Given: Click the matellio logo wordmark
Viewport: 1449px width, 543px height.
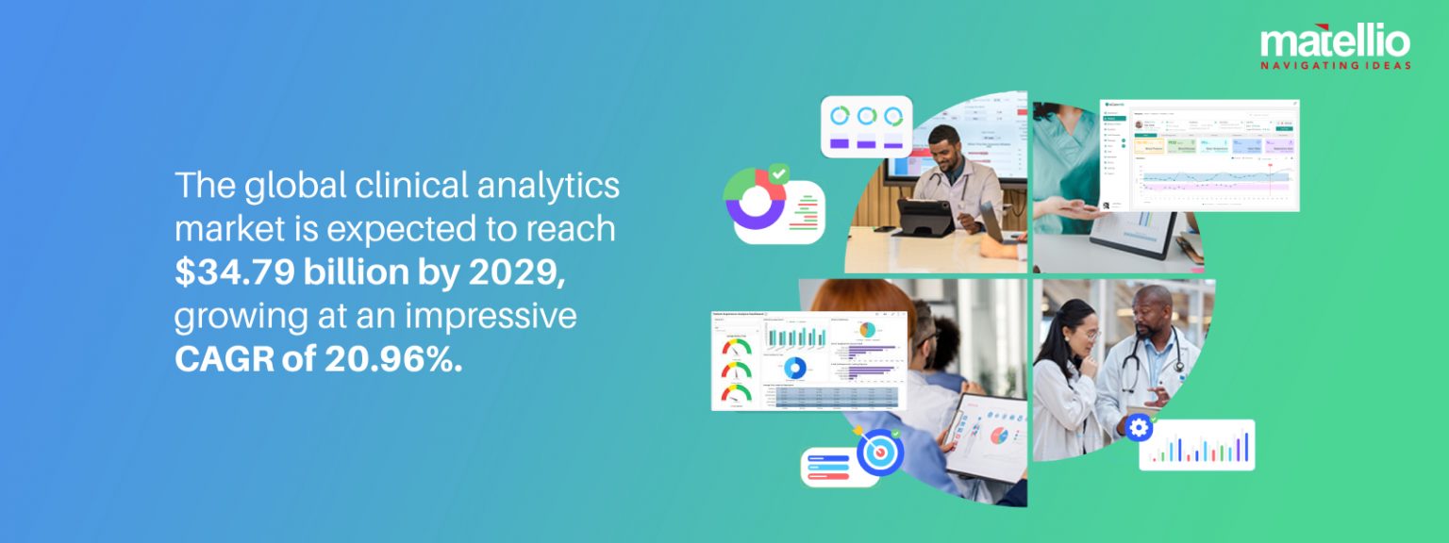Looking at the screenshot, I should (x=1335, y=41).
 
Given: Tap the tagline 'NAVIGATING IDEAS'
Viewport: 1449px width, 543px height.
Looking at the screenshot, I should (x=1335, y=65).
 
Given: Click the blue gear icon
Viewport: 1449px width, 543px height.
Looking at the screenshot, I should (x=1139, y=428).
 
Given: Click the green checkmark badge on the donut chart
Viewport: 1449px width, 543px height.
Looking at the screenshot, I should (x=778, y=174).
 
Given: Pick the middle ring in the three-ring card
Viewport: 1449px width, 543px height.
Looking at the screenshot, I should (x=866, y=116).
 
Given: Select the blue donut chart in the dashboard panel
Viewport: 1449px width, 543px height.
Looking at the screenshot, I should (x=794, y=368).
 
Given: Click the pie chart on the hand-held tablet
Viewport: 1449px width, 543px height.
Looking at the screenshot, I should (x=998, y=436).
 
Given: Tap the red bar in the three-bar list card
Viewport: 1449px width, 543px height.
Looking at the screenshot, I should (x=827, y=475).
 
